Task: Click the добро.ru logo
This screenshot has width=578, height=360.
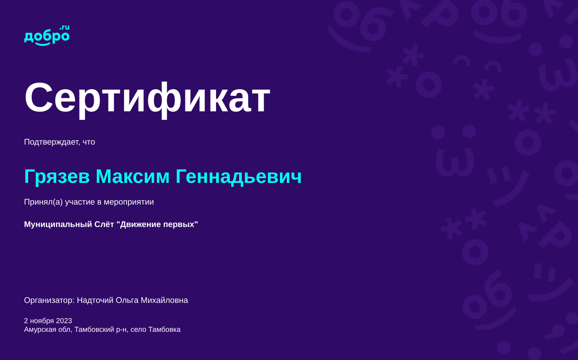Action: pyautogui.click(x=47, y=35)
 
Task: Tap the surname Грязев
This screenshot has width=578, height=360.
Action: pyautogui.click(x=57, y=177)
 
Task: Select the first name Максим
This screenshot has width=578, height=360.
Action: pyautogui.click(x=133, y=176)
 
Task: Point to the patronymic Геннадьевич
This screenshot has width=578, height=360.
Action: pyautogui.click(x=239, y=177)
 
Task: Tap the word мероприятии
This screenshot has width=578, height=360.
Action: pyautogui.click(x=129, y=202)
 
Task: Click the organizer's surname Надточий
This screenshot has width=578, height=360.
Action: pyautogui.click(x=95, y=300)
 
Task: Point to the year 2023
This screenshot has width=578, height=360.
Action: pyautogui.click(x=64, y=321)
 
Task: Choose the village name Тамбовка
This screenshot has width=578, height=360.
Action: pyautogui.click(x=164, y=330)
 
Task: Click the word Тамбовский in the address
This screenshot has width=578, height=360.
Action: pyautogui.click(x=94, y=330)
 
